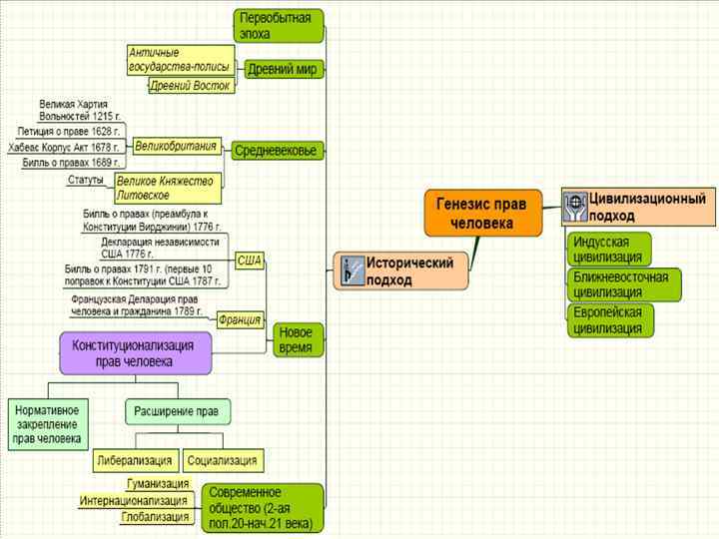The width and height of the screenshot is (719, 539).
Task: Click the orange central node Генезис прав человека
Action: pos(481,213)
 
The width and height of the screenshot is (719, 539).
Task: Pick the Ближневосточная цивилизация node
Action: pos(624,284)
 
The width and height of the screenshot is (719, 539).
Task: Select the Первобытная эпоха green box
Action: pos(280,26)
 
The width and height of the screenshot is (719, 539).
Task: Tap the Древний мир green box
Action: pos(282,70)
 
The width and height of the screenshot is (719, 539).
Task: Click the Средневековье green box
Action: pos(276,151)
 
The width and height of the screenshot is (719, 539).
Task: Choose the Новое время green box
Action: pos(297,340)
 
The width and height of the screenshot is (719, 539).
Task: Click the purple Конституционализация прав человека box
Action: pos(135,352)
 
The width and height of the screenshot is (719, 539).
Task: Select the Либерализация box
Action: pos(135,461)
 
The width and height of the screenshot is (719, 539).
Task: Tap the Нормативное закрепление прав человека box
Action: pos(47,424)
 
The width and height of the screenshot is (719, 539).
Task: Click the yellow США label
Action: pos(250,262)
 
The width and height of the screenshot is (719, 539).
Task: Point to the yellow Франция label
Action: pos(240,320)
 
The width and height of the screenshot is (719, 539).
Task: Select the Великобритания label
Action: pos(176,146)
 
